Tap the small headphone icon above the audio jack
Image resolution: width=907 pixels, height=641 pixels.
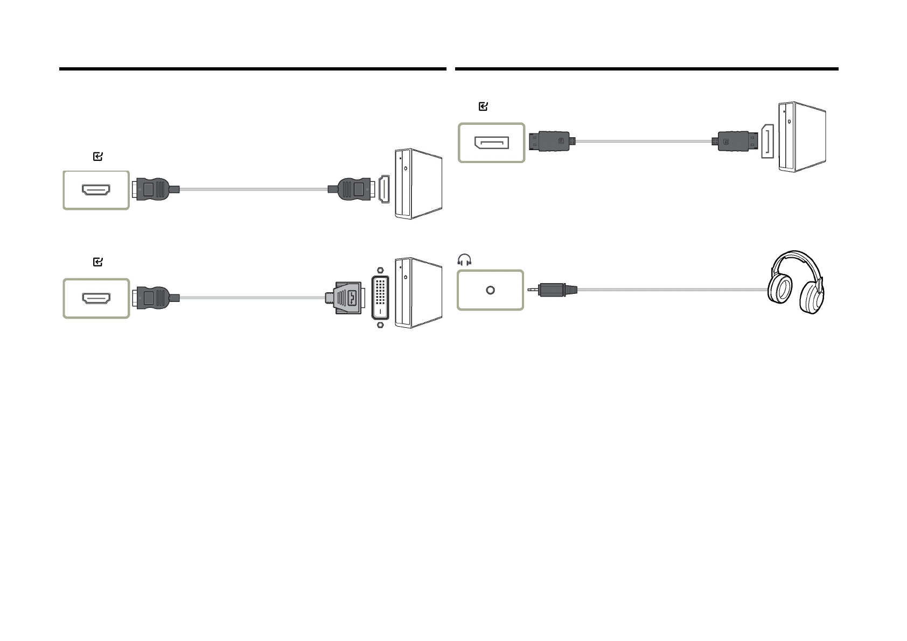464,261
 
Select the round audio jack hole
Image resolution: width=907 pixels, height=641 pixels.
490,290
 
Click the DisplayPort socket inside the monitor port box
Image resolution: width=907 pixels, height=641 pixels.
491,143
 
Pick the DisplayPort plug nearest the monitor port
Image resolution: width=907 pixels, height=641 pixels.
549,141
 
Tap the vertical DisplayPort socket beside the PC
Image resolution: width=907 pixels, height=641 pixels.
768,141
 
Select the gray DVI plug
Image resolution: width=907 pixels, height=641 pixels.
346,297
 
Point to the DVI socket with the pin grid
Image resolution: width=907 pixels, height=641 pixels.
380,297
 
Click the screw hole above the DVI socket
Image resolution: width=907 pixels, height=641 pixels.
381,270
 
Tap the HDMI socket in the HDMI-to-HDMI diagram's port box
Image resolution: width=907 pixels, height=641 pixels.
96,190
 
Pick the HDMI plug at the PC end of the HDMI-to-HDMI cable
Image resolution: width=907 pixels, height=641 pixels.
352,189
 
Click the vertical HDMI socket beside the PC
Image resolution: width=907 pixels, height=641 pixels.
383,189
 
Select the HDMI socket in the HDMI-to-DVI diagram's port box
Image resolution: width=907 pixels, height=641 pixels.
96,298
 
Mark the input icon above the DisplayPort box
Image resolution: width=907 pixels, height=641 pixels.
483,107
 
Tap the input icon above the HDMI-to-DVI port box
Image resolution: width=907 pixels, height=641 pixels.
98,262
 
